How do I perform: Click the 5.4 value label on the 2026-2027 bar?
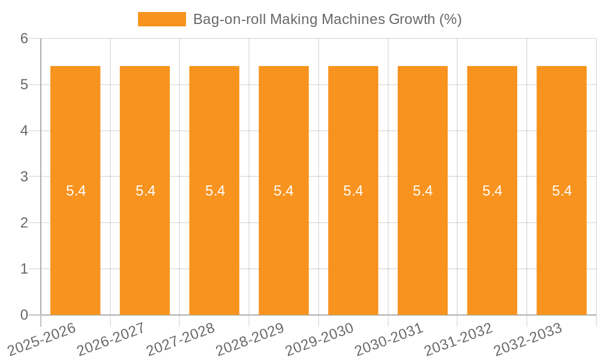point(145,191)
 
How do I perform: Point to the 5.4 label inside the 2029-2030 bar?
point(353,191)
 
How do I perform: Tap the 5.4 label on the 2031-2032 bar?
point(493,191)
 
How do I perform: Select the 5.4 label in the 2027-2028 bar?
point(215,191)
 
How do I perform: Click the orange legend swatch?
point(162,19)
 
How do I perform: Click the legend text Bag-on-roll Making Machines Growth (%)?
point(327,19)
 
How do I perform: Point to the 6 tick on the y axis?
point(25,38)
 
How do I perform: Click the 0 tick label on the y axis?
point(25,315)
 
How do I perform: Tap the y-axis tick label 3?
point(25,177)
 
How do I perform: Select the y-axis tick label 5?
point(25,85)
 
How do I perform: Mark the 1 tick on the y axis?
point(25,269)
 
